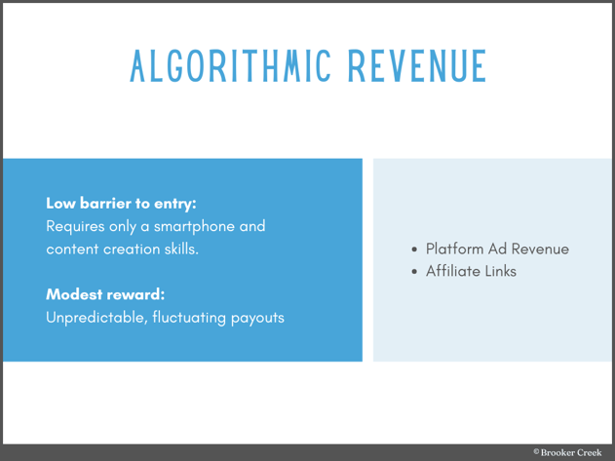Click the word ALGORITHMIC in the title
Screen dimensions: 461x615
(229, 65)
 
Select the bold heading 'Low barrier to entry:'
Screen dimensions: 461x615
(121, 204)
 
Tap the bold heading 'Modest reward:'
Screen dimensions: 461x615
(105, 294)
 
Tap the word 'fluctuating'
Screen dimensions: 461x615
(188, 317)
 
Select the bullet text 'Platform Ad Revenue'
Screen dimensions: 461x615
(497, 249)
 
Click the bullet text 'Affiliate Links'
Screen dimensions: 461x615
(471, 271)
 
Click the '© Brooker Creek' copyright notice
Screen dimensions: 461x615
(567, 452)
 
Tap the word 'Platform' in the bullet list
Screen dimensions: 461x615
(456, 249)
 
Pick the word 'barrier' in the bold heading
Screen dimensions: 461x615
(110, 204)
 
